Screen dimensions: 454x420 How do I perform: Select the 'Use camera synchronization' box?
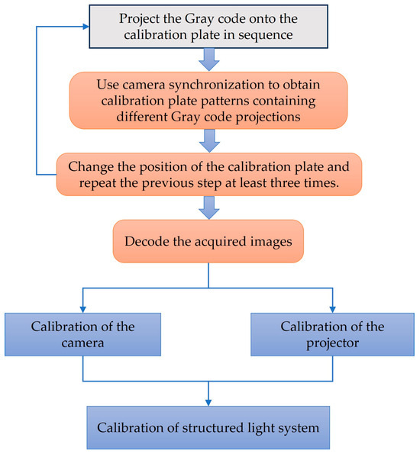click(208, 99)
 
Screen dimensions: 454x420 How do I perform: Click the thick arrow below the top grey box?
click(208, 60)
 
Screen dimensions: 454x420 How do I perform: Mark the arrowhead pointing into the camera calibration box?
click(83, 307)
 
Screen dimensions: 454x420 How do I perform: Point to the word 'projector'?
click(334, 343)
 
